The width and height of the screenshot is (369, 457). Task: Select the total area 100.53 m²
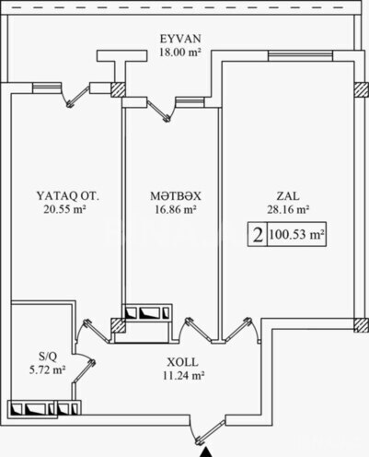click(x=298, y=235)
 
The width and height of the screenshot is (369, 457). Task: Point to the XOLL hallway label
click(x=179, y=362)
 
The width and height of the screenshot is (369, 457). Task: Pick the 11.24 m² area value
click(x=179, y=375)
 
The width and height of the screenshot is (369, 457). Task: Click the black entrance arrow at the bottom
click(x=203, y=449)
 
